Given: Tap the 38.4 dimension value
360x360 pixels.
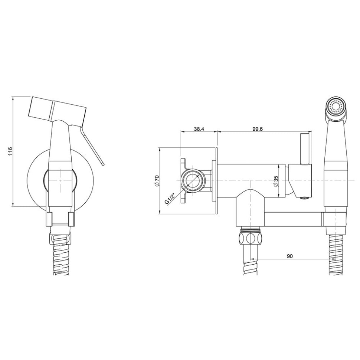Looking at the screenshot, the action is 199,129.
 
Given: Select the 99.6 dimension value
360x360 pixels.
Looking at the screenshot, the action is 258,129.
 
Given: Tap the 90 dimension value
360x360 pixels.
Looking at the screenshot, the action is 290,256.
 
